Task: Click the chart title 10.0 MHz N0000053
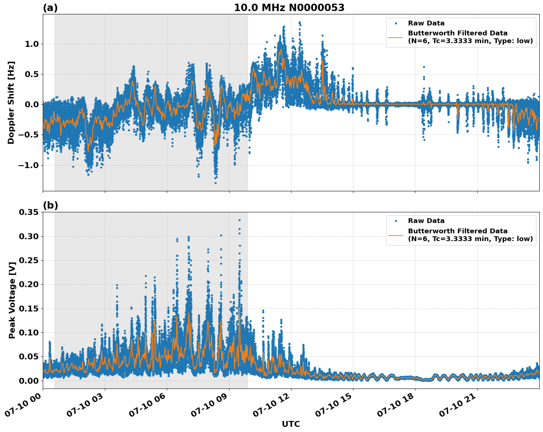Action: (289, 8)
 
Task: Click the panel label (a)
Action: (50, 8)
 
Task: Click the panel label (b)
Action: (50, 205)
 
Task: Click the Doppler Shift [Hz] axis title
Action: (11, 102)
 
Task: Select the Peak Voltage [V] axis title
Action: (12, 308)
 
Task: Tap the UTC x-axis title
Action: (291, 424)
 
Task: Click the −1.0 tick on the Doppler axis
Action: (28, 165)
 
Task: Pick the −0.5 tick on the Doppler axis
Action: (28, 135)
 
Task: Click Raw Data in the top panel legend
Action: (426, 23)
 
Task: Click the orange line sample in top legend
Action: (396, 37)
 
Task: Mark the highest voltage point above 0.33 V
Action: (239, 220)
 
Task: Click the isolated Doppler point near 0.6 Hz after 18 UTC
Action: (424, 67)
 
